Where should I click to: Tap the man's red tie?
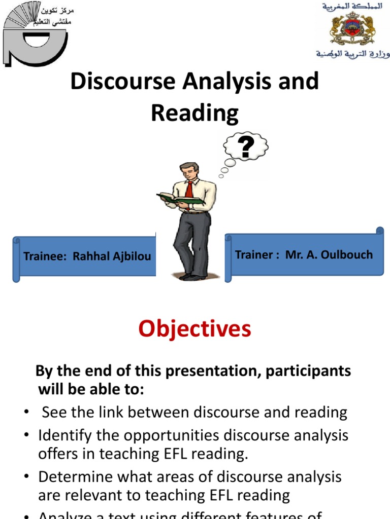coord(189,191)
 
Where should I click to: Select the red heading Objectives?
coord(195,329)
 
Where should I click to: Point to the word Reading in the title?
coord(194,114)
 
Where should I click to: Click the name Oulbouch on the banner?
coord(347,254)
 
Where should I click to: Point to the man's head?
coord(189,171)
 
